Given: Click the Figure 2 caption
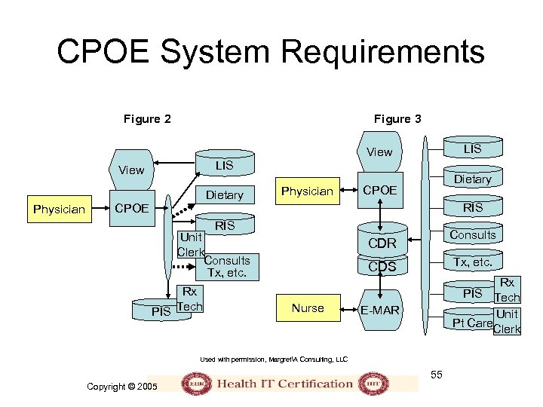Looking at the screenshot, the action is click(147, 118).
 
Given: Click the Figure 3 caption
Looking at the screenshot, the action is click(397, 118).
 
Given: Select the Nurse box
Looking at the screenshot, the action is click(308, 308).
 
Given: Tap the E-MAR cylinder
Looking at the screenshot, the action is click(380, 311).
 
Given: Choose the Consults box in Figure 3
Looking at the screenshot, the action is click(473, 235).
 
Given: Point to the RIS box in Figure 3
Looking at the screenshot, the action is click(473, 207).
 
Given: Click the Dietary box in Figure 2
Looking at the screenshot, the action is click(225, 195).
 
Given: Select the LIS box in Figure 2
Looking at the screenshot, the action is click(224, 165).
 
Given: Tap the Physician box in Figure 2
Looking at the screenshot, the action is click(59, 209).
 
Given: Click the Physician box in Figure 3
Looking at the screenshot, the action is click(307, 191).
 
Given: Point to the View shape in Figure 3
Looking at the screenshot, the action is click(379, 151).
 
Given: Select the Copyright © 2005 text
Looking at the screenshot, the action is click(121, 386).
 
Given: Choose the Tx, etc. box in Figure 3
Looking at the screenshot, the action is click(473, 262).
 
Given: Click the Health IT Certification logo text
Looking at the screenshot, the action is click(284, 383).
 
